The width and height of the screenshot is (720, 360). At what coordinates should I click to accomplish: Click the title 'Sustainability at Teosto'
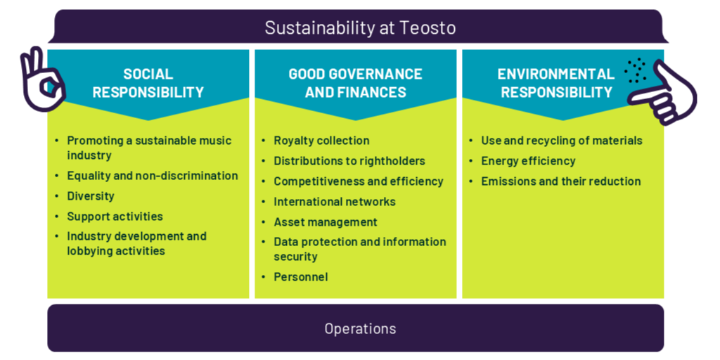pos(360,28)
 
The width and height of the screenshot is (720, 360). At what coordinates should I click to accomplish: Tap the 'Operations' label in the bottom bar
pos(360,329)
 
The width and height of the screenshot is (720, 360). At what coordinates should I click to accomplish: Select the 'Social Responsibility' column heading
pos(148,83)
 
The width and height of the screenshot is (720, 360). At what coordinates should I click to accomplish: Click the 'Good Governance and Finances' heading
pos(355,83)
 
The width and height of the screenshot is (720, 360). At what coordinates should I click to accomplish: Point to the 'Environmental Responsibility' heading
pos(556,83)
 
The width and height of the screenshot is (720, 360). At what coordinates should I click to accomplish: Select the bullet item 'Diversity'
pos(91,196)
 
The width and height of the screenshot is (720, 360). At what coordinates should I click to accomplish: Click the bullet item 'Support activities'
pos(115,216)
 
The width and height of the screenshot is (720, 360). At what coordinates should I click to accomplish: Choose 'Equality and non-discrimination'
pos(153,176)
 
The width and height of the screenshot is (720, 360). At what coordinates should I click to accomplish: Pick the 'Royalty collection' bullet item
pos(321,141)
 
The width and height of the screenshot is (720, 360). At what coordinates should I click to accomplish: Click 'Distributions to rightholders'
pos(349,161)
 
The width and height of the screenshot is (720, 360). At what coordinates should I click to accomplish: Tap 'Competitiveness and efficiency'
pos(359,181)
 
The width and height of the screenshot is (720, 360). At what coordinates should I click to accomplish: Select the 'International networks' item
pos(335,201)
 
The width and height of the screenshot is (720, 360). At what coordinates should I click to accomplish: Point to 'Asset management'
pos(326,221)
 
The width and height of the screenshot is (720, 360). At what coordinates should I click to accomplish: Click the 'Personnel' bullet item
pos(301,277)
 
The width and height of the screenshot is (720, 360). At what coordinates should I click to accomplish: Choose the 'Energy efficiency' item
pos(528,161)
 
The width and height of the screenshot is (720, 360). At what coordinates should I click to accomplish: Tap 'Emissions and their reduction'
pos(560,181)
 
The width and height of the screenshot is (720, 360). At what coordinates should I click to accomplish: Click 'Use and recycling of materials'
pos(562,141)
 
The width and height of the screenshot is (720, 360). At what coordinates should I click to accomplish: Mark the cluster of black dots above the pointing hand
pos(636,71)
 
